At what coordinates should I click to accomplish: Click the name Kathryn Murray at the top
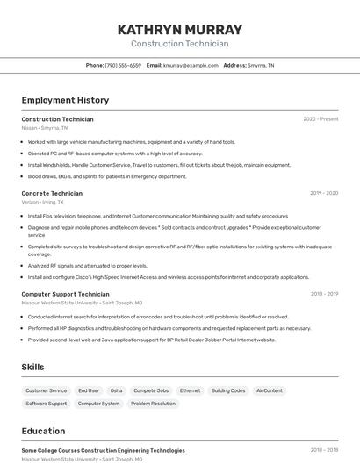[179, 30]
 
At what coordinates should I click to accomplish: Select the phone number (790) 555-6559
[123, 65]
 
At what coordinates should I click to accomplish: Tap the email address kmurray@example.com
[191, 65]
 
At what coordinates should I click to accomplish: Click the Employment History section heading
[65, 100]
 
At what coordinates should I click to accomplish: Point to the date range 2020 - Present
[320, 119]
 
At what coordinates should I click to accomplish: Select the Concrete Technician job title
[52, 193]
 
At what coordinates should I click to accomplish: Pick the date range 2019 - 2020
[324, 193]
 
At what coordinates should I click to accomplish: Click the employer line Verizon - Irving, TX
[42, 202]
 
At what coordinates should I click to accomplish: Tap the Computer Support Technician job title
[65, 294]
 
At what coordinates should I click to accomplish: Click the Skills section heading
[32, 367]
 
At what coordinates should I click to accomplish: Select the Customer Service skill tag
[46, 390]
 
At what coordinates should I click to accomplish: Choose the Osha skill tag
[116, 390]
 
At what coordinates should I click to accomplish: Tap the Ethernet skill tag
[190, 390]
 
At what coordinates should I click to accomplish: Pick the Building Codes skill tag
[228, 390]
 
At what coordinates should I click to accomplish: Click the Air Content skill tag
[270, 390]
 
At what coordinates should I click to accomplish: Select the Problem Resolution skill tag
[153, 404]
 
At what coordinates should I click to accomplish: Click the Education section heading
[44, 431]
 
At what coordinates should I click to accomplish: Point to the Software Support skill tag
[46, 404]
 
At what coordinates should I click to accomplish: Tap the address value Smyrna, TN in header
[261, 65]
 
